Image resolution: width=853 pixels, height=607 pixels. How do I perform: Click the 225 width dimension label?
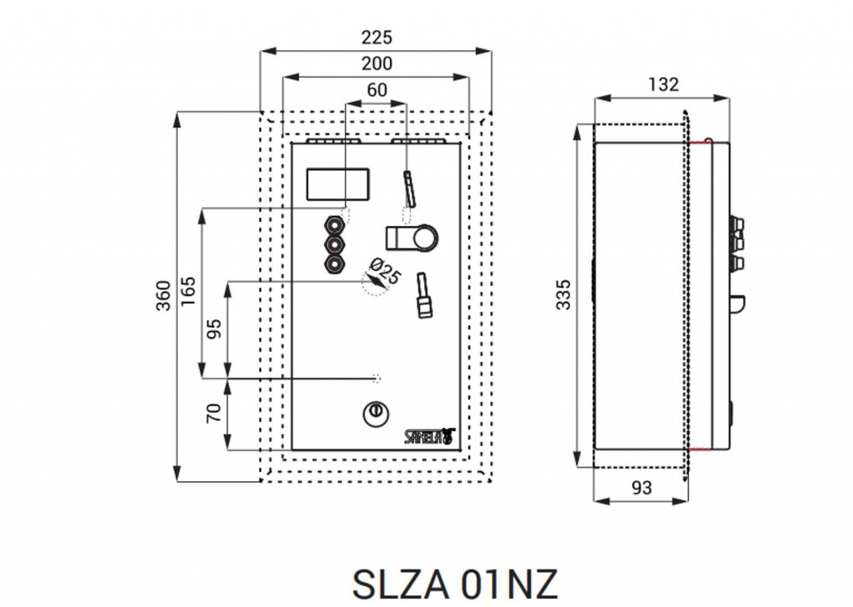[x=377, y=37]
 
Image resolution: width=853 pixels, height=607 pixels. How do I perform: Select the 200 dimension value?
[x=377, y=63]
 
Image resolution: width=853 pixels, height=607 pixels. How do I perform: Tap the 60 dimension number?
[x=377, y=90]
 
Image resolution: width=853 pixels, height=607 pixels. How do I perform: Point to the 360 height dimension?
[x=163, y=296]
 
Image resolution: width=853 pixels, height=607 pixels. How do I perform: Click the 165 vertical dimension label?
[x=187, y=291]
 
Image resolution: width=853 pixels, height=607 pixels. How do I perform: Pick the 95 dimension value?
[x=214, y=329]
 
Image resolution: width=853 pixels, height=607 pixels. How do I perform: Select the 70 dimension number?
[x=214, y=413]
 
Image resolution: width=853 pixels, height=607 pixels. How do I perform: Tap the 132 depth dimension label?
[x=663, y=84]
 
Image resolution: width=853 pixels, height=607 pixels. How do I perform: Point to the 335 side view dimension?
[x=564, y=294]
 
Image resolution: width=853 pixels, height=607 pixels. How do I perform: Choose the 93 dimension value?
[x=641, y=487]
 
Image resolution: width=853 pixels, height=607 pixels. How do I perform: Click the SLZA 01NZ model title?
[x=455, y=584]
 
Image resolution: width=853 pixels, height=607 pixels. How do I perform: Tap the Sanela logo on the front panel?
[x=429, y=437]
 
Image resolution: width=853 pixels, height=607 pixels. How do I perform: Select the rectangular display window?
[x=338, y=184]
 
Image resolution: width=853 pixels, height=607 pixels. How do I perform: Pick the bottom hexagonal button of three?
[x=334, y=264]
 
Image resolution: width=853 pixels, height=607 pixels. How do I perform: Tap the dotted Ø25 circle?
[x=376, y=283]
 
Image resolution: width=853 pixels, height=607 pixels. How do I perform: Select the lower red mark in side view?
[x=700, y=449]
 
